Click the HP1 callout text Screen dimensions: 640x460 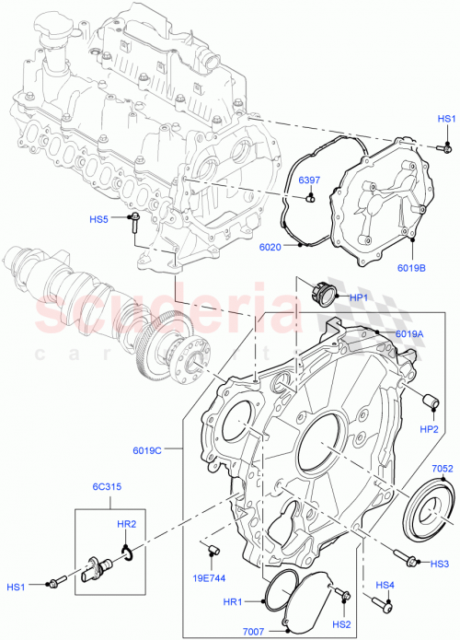pyautogui.click(x=359, y=297)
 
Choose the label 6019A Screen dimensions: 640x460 pyautogui.click(x=409, y=334)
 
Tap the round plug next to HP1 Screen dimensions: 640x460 pyautogui.click(x=326, y=295)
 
